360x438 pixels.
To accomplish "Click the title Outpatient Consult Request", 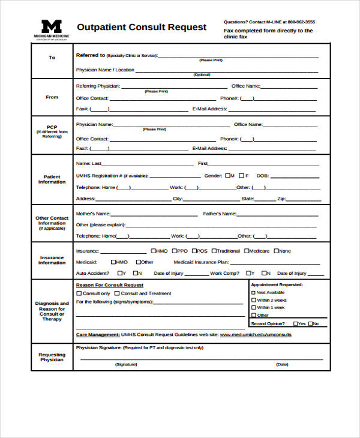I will (142, 27).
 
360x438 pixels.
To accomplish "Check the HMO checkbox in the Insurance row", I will (154, 251).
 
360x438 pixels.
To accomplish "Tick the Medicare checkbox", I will (246, 251).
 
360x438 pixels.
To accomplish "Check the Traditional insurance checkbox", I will (214, 251).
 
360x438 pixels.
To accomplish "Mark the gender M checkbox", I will (226, 176).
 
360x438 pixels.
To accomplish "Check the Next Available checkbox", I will (253, 292).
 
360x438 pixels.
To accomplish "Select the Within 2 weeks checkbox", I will (253, 300).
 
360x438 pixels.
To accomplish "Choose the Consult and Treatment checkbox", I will (118, 293).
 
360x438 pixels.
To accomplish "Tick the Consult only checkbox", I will (79, 293).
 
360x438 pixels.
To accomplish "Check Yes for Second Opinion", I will (295, 323).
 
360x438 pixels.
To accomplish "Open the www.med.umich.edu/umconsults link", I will (256, 334).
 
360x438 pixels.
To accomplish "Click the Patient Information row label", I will (52, 179).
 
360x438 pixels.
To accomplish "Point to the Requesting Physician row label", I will (52, 357).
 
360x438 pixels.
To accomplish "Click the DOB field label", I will (262, 176).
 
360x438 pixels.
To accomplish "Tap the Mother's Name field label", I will (93, 214).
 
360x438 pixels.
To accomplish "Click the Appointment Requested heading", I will (277, 284).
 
